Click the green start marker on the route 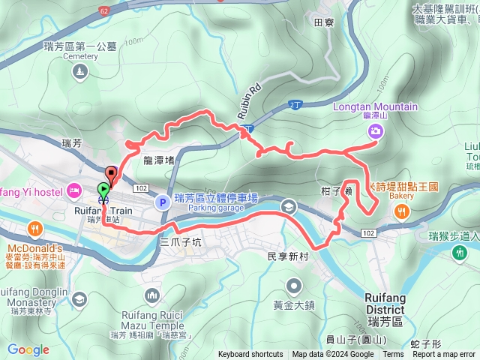coord(103,190)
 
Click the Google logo coord(28,349)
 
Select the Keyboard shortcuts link coord(250,355)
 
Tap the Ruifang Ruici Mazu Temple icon coord(154,295)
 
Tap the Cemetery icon coord(80,72)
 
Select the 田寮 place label coord(323,23)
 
